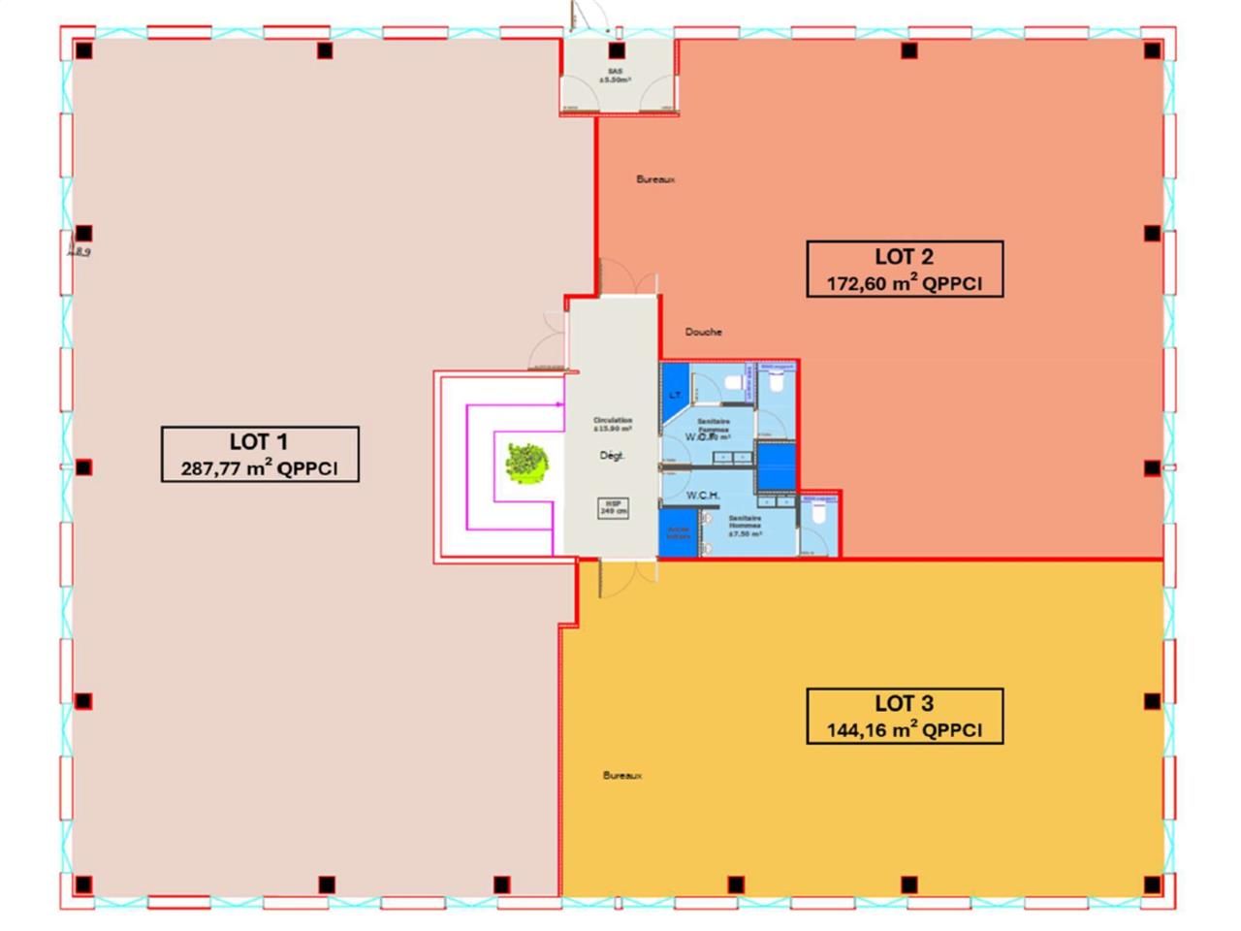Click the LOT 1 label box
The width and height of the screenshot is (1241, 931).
click(x=260, y=454)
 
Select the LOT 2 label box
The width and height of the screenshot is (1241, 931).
click(x=905, y=269)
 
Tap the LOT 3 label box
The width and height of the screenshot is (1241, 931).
click(x=905, y=716)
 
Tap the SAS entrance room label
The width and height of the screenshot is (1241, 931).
click(x=615, y=76)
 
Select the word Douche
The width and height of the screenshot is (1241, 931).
click(x=704, y=332)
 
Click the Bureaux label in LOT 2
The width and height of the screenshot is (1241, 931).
click(x=655, y=179)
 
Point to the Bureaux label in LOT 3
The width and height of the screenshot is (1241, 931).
click(x=622, y=776)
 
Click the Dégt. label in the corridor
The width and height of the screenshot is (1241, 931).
click(x=613, y=455)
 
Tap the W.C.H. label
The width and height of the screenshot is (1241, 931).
click(x=703, y=496)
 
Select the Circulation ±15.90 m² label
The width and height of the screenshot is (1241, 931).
click(x=613, y=424)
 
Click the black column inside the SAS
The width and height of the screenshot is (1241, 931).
click(x=617, y=50)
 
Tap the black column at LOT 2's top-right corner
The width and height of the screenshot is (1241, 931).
click(x=1152, y=50)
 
